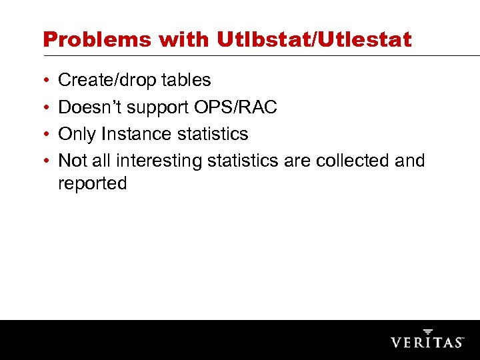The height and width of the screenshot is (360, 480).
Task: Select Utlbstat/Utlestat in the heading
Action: (315, 39)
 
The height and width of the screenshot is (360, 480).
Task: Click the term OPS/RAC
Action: (237, 107)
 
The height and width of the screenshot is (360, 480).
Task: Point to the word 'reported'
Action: (92, 184)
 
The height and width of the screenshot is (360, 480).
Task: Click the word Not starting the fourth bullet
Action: (73, 161)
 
